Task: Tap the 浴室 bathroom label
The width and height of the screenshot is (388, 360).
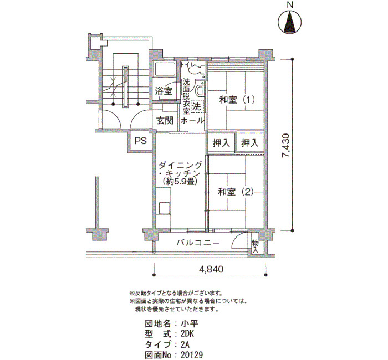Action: (x=164, y=91)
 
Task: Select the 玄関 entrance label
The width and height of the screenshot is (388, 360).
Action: (x=165, y=121)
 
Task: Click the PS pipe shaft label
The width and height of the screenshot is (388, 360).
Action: (x=141, y=141)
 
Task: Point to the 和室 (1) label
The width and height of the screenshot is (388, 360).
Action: (x=237, y=100)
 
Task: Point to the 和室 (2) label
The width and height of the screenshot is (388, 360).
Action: (x=236, y=192)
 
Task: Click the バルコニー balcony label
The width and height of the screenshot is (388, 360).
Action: (x=198, y=243)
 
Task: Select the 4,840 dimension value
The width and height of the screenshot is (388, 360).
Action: (x=211, y=269)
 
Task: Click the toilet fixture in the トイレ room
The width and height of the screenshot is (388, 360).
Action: (x=197, y=69)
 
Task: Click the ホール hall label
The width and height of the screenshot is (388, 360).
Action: (x=192, y=121)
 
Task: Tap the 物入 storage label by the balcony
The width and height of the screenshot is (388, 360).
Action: (x=256, y=246)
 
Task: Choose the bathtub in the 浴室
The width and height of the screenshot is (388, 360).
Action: (x=164, y=69)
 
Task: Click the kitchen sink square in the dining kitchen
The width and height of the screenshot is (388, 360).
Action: (x=164, y=208)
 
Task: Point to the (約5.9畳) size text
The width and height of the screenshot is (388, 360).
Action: (x=180, y=182)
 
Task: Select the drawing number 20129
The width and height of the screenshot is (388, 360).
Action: (x=192, y=355)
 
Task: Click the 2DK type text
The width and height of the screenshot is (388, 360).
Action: (x=187, y=334)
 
